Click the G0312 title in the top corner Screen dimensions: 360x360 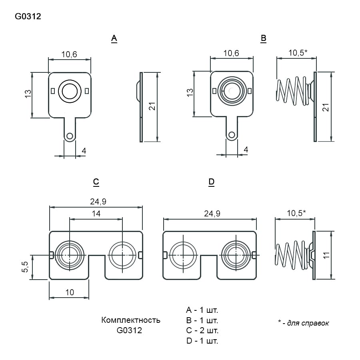(28, 16)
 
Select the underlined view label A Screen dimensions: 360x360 (114, 38)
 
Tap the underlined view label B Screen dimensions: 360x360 (263, 38)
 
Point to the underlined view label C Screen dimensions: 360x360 (96, 182)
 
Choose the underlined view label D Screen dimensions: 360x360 (212, 182)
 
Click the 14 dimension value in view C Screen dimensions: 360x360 (96, 214)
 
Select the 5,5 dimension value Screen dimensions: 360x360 (25, 267)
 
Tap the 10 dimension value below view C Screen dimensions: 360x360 (70, 292)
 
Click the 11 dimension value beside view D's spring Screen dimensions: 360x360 (326, 255)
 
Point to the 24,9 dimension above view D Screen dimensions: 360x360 (212, 214)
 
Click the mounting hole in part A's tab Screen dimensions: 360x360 (70, 136)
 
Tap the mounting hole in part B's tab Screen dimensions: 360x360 (232, 135)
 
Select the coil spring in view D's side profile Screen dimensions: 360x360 (291, 255)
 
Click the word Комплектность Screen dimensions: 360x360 (131, 320)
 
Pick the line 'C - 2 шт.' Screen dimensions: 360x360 (202, 330)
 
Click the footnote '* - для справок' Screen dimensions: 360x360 (303, 323)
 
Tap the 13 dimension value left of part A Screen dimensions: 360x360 (28, 94)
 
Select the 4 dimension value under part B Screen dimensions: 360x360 (246, 150)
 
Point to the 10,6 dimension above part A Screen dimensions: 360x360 (69, 54)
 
